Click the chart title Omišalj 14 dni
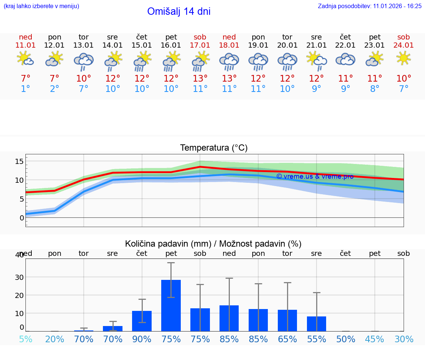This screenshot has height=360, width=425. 179,11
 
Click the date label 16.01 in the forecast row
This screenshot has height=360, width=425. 171,45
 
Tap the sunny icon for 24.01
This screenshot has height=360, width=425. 403,58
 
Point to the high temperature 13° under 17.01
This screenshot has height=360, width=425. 200,78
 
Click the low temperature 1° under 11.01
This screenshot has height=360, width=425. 25,89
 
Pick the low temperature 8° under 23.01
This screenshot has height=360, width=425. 374,89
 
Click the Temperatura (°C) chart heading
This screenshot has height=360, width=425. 214,148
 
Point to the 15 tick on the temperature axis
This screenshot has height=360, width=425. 19,161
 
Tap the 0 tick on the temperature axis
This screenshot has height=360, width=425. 22,218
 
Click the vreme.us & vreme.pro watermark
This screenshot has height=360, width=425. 315,176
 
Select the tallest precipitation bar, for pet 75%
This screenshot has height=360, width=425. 171,305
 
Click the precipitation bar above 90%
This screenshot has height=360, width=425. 142,321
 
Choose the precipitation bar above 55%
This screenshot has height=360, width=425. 317,323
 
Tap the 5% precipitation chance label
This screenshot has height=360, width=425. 25,339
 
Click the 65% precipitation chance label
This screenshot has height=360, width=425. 287,339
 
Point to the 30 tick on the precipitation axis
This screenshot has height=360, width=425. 19,277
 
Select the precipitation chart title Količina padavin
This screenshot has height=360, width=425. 213,244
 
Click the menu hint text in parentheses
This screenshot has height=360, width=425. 41,6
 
